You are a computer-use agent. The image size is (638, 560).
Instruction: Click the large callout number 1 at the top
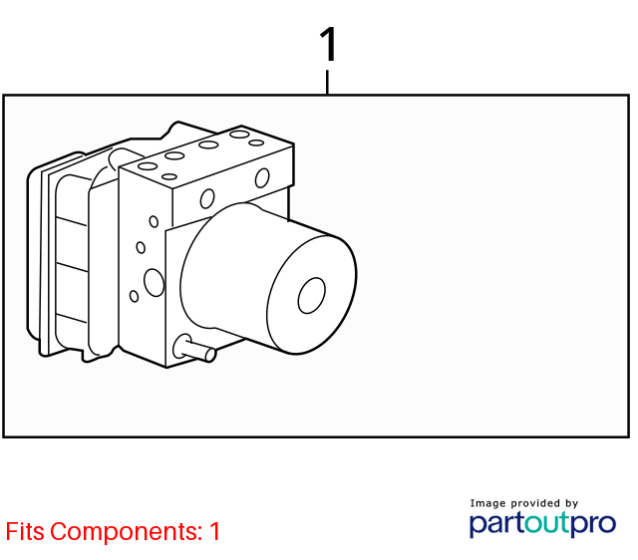pos(329,44)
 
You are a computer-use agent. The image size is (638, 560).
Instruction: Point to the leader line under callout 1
pos(328,82)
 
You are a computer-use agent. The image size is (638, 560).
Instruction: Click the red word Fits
pos(25,531)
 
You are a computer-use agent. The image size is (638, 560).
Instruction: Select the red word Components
pos(127,532)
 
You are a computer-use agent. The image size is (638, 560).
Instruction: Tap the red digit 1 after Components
pos(215,531)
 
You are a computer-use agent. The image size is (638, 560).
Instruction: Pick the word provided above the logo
pos(536,503)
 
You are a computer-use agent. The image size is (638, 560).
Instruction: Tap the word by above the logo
pos(571,503)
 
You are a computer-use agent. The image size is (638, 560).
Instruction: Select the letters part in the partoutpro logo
pos(496,524)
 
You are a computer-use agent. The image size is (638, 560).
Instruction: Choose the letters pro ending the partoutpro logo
pos(592,525)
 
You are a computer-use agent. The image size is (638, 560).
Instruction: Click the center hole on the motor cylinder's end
pos(312,296)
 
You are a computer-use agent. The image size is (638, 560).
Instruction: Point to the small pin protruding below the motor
pos(194,348)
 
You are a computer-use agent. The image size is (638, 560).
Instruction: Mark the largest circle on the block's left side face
pos(155,282)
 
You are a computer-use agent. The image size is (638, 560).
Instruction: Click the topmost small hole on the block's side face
pos(154,221)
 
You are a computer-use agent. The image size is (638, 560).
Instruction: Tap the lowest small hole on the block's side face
pos(134,296)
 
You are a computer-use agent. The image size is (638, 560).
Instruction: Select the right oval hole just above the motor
pos(262,178)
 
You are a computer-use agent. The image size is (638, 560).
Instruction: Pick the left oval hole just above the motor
pos(207,199)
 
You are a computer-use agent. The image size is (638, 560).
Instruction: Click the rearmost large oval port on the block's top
pos(239,135)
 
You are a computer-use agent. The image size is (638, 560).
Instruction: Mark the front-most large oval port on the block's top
pos(148,166)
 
